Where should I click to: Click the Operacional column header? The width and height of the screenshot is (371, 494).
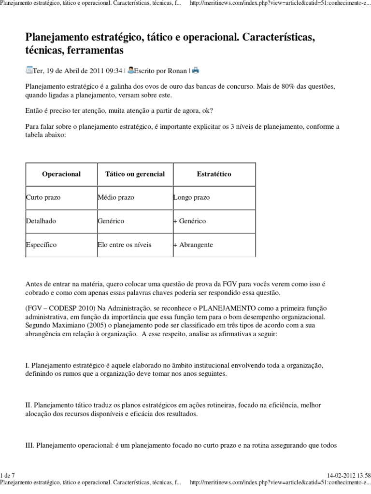61,174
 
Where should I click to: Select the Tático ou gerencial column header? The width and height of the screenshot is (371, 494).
135,174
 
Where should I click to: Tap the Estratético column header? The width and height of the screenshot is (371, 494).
214,174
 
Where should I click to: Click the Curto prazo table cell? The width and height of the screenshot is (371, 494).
43,198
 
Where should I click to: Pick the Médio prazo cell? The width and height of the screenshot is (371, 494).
116,198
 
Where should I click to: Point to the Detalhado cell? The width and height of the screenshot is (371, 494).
41,221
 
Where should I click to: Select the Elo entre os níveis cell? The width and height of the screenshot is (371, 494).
124,245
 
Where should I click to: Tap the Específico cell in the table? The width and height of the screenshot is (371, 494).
41,245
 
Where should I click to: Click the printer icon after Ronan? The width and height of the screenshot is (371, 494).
196,70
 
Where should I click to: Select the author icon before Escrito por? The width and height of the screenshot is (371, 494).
130,70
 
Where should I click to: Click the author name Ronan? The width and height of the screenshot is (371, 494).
177,70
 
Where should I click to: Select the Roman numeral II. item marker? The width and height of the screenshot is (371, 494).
29,404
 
